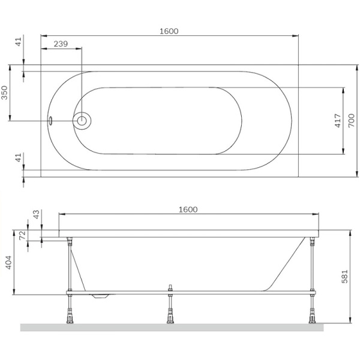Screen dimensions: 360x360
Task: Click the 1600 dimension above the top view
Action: point(169,31)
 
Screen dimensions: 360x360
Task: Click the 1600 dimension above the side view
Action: point(188,209)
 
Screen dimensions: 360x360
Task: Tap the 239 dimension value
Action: point(61,44)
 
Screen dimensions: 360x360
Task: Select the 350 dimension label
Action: point(5,92)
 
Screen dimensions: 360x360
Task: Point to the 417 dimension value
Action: point(338,121)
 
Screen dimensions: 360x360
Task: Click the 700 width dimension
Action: point(352,121)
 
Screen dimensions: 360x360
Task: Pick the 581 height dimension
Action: point(344,277)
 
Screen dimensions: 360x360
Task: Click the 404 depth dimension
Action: point(8,262)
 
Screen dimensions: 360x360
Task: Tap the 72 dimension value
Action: point(23,235)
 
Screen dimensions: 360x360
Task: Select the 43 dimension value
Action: point(36,214)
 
